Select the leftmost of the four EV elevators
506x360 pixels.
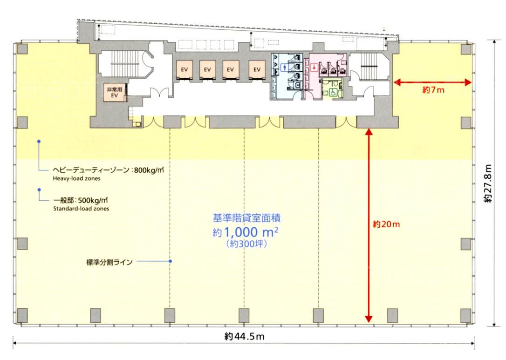point(184,69)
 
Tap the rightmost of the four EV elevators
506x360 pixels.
point(257,69)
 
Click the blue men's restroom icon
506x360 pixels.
point(284,68)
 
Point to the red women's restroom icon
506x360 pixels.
point(314,68)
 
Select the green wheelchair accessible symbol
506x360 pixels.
point(333,93)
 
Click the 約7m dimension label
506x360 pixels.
point(433,90)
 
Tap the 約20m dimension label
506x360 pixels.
point(386,224)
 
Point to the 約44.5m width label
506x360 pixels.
point(244,336)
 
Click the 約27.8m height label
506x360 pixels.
point(488,183)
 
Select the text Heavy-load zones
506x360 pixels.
point(76,178)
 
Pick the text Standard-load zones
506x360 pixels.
point(81,209)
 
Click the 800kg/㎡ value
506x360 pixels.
point(149,170)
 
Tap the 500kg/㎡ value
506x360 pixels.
point(93,200)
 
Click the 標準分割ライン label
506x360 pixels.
point(109,262)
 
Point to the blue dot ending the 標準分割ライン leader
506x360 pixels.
point(171,261)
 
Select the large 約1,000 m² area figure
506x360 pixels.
point(246,232)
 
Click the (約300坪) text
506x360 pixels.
point(246,244)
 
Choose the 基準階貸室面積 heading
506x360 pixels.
point(246,218)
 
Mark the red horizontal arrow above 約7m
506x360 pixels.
point(432,82)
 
